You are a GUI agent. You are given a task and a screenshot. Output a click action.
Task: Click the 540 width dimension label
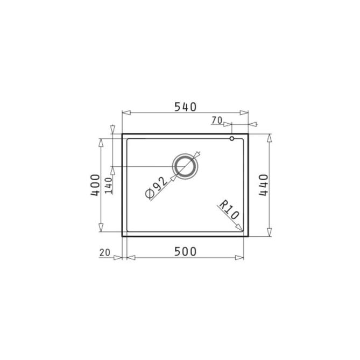(185, 107)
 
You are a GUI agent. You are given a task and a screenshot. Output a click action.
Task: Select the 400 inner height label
(95, 185)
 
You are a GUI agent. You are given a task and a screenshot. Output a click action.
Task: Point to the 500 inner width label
(185, 252)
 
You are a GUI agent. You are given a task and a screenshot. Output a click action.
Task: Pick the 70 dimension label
(217, 120)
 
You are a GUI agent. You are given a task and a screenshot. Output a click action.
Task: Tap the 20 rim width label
(105, 253)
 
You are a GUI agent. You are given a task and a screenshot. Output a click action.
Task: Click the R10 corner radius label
(229, 210)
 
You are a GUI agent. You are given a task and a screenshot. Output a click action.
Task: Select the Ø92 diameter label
(157, 187)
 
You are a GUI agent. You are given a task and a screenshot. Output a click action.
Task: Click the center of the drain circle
(185, 166)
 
